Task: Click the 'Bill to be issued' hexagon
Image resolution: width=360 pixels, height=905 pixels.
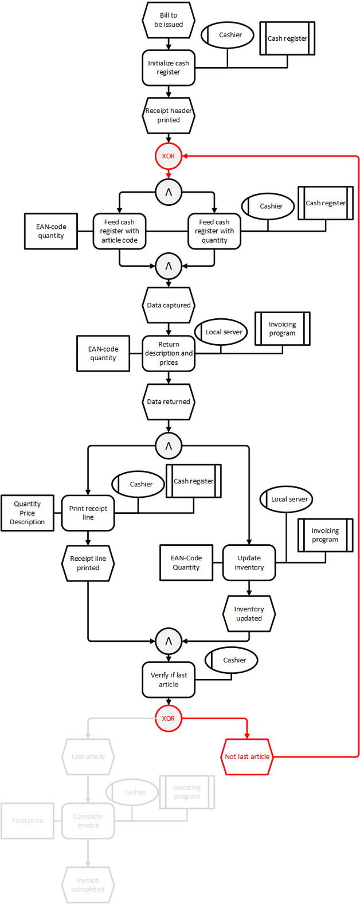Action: (x=169, y=20)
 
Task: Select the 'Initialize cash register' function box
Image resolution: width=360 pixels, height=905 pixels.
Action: (x=169, y=68)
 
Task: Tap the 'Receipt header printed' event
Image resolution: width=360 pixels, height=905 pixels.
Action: (x=169, y=115)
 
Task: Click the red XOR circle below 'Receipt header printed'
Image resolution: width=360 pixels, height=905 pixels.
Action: (x=169, y=156)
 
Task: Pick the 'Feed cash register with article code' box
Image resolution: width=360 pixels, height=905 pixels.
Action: (x=119, y=231)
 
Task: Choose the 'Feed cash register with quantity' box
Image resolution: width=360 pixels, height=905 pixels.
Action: (x=214, y=231)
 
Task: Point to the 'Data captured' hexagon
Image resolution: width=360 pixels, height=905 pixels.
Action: (x=169, y=305)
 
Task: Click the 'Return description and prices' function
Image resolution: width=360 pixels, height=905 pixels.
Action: (x=169, y=353)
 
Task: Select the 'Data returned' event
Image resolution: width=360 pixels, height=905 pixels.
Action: (x=169, y=401)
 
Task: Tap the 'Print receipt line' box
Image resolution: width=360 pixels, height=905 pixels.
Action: (x=88, y=513)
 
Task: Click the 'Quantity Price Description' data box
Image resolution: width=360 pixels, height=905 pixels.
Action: (x=28, y=513)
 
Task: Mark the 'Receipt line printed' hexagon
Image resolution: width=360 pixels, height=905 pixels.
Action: (x=88, y=563)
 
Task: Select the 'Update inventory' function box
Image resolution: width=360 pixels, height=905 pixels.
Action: (x=249, y=563)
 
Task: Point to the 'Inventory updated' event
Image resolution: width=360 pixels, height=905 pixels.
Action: (x=249, y=614)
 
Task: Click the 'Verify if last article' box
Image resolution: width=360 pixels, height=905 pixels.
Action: (x=169, y=680)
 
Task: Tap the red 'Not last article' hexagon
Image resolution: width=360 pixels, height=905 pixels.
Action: (x=247, y=756)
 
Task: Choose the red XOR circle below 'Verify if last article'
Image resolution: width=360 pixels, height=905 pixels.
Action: (x=169, y=719)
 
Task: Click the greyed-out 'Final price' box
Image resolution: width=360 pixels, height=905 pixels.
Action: (x=28, y=821)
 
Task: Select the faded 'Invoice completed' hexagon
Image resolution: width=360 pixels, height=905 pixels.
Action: (x=88, y=885)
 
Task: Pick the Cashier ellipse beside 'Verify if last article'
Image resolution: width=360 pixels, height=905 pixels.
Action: (x=232, y=660)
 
